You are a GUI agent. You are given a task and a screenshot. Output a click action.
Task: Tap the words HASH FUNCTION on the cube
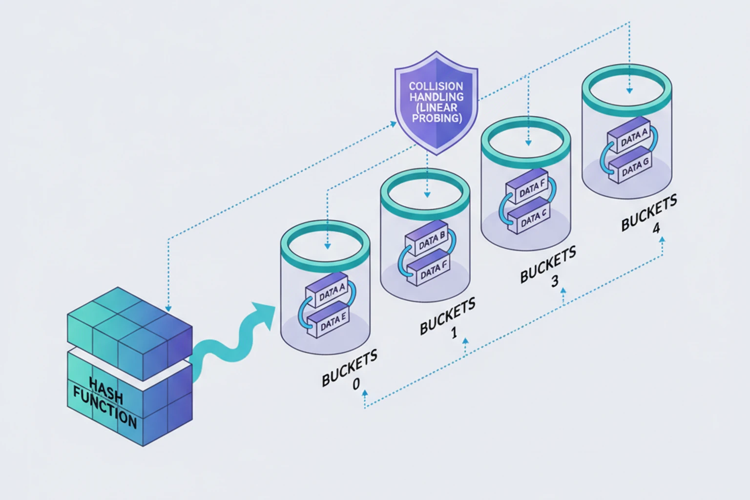pyautogui.click(x=105, y=403)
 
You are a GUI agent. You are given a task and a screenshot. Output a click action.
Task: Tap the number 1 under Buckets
pyautogui.click(x=454, y=333)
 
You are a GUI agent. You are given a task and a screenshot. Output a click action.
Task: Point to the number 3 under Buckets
pyautogui.click(x=555, y=281)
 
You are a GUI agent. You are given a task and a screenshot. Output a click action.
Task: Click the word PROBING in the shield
pyautogui.click(x=437, y=118)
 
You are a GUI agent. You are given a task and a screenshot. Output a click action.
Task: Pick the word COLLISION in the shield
pyautogui.click(x=436, y=86)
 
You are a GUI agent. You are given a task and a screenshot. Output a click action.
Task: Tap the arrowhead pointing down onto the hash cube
pyautogui.click(x=168, y=309)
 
